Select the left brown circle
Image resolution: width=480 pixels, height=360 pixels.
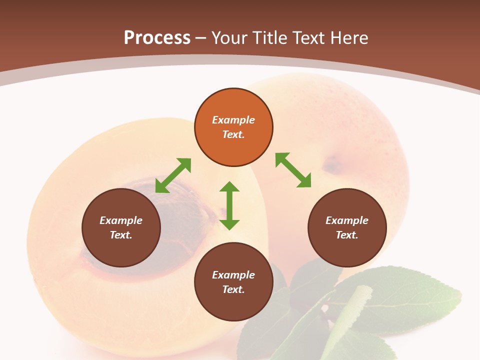(x=121, y=227)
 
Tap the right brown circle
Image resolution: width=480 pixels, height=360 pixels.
(x=347, y=227)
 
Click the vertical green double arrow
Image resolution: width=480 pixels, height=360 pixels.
(x=229, y=205)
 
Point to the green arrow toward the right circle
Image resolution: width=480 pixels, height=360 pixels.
(x=293, y=170)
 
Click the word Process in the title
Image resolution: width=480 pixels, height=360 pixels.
(x=157, y=37)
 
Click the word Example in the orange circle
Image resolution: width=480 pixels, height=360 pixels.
(x=233, y=120)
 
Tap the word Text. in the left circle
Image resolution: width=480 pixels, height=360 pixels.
(x=121, y=235)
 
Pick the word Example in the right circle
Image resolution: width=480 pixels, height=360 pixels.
(x=347, y=220)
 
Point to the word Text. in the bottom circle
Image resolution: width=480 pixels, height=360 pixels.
(x=233, y=289)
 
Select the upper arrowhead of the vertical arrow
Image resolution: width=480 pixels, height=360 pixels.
(x=229, y=187)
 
